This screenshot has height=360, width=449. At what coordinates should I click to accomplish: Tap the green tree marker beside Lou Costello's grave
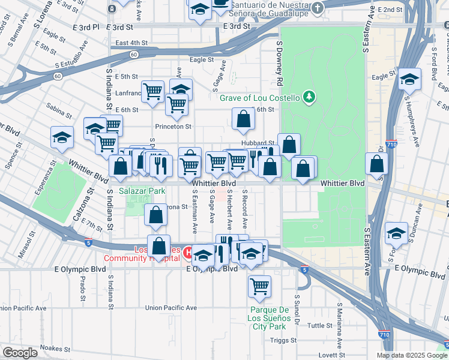tap(309, 96)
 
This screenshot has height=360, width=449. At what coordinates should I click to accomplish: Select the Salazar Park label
tap(141, 191)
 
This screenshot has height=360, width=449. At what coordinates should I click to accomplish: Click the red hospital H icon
tap(188, 253)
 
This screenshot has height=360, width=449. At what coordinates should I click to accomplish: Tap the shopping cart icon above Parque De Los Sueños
tap(259, 285)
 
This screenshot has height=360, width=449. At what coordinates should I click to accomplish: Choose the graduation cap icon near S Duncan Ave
tap(396, 233)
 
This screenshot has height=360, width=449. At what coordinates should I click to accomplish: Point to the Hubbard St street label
tap(258, 143)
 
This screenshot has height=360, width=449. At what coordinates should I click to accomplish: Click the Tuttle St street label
tap(319, 325)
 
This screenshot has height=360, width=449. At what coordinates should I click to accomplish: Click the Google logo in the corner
tap(20, 353)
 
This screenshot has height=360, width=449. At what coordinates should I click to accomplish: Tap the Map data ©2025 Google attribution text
tap(412, 355)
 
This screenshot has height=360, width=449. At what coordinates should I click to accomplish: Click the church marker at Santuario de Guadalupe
tap(318, 8)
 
